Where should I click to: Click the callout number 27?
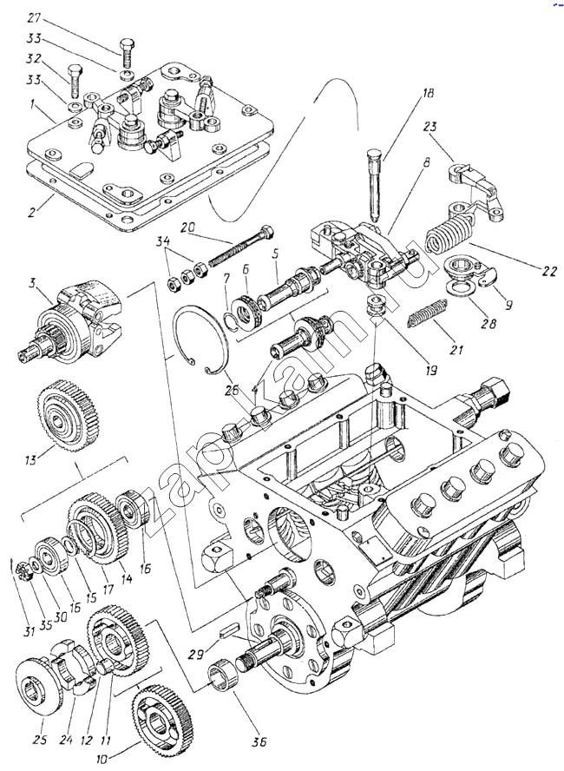click(34, 17)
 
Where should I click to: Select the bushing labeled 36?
click(222, 676)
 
